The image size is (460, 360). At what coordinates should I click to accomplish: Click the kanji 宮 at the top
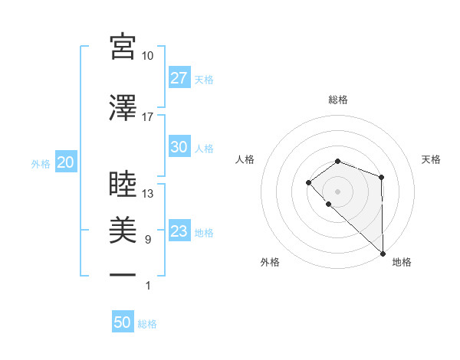click(123, 47)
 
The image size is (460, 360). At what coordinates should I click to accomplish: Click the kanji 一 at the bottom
click(123, 274)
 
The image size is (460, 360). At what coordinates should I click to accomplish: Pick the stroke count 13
click(148, 194)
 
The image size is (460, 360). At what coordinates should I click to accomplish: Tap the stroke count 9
click(148, 240)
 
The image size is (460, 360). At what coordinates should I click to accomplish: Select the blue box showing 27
click(179, 78)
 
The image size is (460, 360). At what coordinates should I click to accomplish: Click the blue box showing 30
click(179, 147)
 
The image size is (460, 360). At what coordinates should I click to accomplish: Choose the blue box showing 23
click(179, 231)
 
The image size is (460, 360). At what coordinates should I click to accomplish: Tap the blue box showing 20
click(65, 162)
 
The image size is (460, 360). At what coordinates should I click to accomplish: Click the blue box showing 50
click(123, 322)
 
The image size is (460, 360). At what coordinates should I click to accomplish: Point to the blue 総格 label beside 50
click(147, 324)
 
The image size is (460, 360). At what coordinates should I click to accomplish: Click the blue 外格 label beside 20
click(41, 163)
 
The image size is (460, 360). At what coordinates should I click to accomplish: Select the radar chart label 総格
click(338, 100)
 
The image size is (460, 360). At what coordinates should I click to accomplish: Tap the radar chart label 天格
click(431, 159)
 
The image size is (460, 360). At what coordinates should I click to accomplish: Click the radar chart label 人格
click(245, 159)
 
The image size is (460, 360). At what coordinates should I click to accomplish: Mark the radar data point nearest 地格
click(382, 253)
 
